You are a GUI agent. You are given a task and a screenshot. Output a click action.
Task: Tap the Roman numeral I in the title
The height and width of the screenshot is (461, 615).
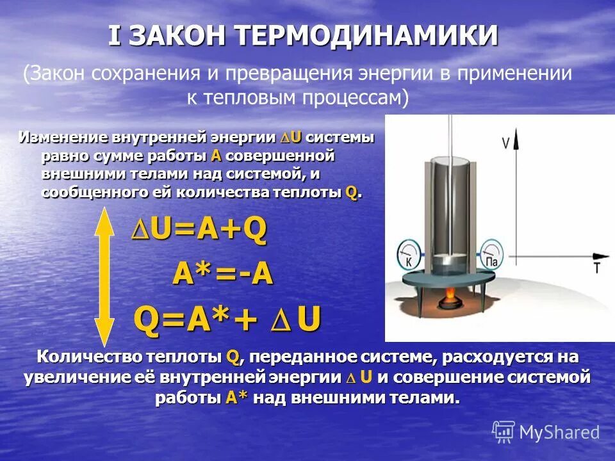[x=115, y=36]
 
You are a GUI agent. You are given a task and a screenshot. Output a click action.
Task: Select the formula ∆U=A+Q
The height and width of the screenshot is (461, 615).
[x=199, y=231]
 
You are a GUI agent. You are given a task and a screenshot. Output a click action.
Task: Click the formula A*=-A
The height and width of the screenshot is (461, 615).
[x=222, y=275]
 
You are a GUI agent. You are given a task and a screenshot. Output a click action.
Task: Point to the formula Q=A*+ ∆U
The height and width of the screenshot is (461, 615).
[x=227, y=318]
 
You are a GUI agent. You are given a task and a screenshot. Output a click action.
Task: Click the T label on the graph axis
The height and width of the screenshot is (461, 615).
[x=596, y=268]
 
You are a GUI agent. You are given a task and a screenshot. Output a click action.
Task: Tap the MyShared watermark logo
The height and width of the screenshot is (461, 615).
[x=546, y=432]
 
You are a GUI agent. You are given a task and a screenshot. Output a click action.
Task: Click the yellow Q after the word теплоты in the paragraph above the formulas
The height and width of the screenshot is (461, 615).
[x=351, y=192]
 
